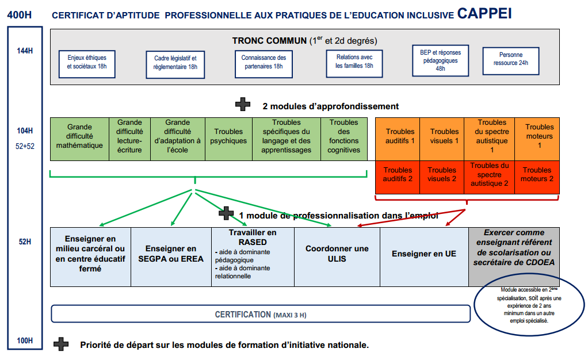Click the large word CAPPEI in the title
pos(484,13)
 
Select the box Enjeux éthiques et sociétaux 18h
pos(87,64)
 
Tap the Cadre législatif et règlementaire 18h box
pos(175,64)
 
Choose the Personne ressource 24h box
pos(511,61)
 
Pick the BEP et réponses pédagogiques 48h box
pos(440,60)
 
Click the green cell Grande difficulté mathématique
pos(79,139)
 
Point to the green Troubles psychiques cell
pos(228,139)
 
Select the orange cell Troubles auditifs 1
pos(398,139)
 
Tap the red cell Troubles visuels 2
pos(442,177)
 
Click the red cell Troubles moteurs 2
pos(537,177)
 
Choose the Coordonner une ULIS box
pos(337,257)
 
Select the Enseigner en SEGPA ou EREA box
pos(171,257)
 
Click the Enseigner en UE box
pos(424,257)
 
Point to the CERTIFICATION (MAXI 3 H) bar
pos(261,314)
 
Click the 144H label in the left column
pos(25,51)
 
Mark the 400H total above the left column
pos(20,15)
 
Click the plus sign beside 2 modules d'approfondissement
pos(243,104)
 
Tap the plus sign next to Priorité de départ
pos(61,344)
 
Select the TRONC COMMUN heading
pos(269,40)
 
